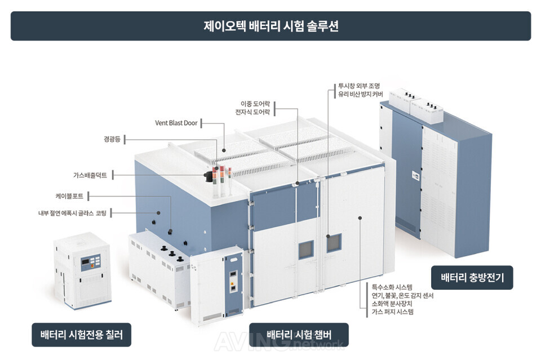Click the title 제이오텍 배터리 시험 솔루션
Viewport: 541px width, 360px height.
(271, 26)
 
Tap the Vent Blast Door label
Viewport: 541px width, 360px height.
(176, 123)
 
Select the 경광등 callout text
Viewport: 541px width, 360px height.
(112, 139)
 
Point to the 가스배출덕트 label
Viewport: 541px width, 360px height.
(90, 175)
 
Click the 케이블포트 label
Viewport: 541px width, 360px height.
(69, 196)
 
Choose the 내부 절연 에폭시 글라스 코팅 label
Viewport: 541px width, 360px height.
(72, 213)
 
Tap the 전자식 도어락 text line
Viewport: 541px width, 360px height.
(252, 112)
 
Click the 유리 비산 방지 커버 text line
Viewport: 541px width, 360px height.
(361, 94)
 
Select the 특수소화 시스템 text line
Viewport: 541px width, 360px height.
(392, 287)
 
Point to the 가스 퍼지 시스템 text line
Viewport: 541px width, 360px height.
(393, 312)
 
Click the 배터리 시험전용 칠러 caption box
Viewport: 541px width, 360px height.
(81, 335)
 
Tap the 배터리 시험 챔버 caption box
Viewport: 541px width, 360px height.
(299, 335)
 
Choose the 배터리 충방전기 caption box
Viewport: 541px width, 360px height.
(472, 277)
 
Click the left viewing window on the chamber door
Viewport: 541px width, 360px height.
(306, 250)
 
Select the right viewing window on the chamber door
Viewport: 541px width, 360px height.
(334, 243)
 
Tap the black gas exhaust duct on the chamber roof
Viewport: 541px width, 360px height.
(209, 176)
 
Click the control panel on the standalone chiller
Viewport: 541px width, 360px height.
(90, 263)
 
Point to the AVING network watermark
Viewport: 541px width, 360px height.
(279, 342)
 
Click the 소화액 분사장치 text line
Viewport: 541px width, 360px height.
(392, 304)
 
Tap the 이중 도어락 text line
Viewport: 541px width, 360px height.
(255, 104)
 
